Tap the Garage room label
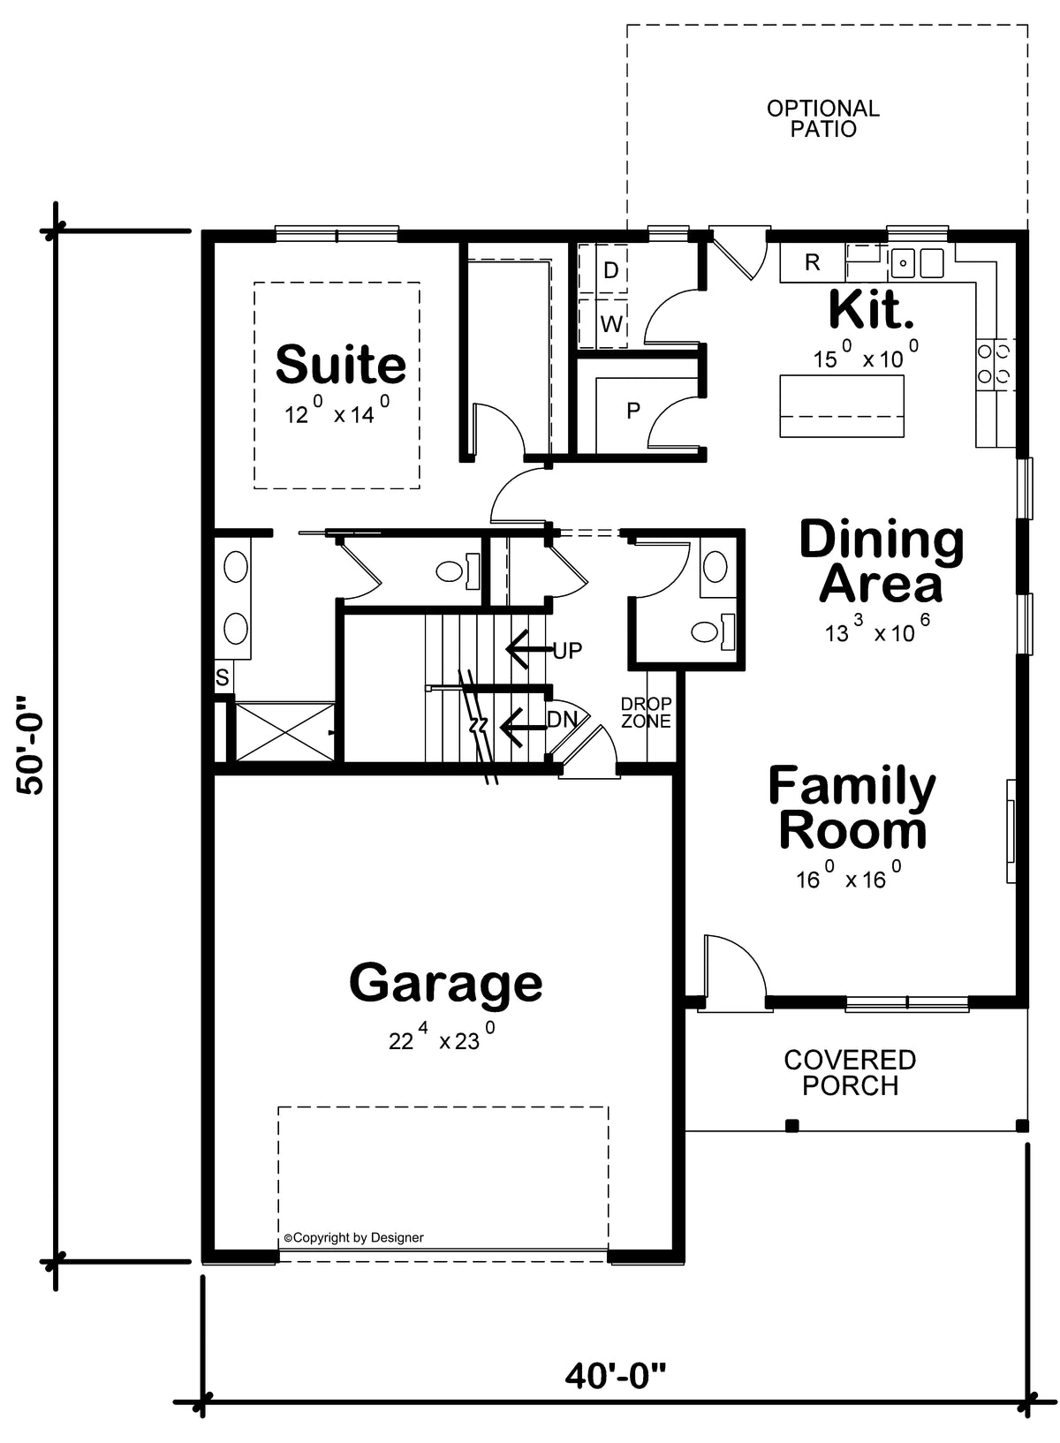pyautogui.click(x=446, y=984)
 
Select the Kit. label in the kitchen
pyautogui.click(x=871, y=309)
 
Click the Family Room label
pyautogui.click(x=852, y=807)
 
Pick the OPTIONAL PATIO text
pyautogui.click(x=823, y=118)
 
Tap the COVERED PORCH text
pyautogui.click(x=850, y=1073)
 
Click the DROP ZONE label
pyautogui.click(x=647, y=713)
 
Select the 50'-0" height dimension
pyautogui.click(x=31, y=744)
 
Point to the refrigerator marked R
pyautogui.click(x=813, y=263)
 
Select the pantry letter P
pyautogui.click(x=633, y=411)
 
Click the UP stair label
pyautogui.click(x=568, y=651)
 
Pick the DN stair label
pyautogui.click(x=561, y=720)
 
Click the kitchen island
pyautogui.click(x=842, y=406)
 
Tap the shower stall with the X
pyautogui.click(x=284, y=732)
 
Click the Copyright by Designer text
pyautogui.click(x=353, y=1237)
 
